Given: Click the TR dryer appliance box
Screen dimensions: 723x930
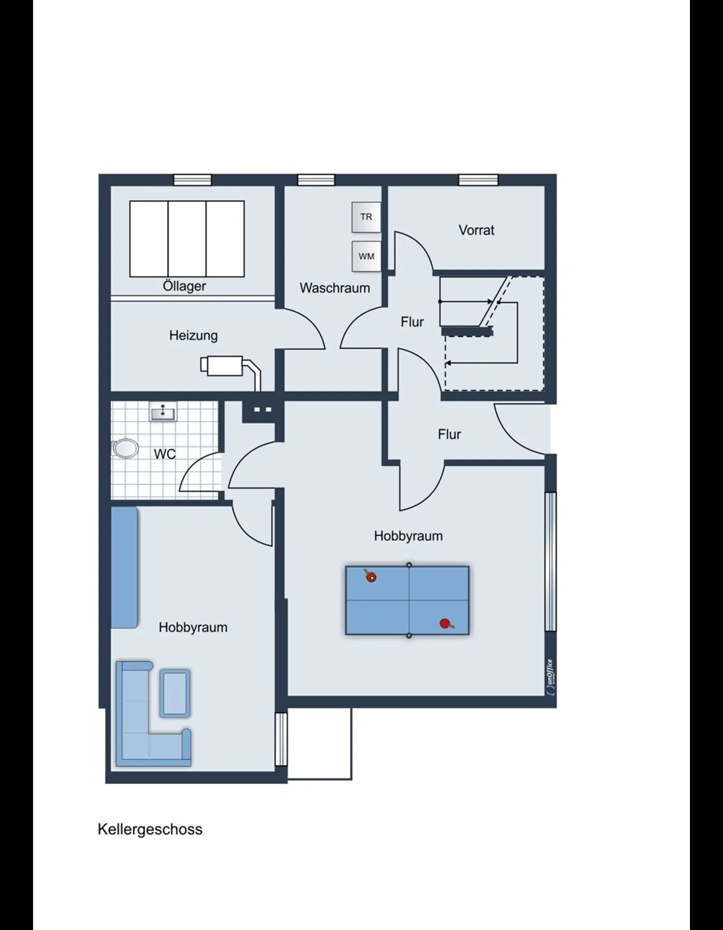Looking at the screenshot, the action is [x=366, y=217].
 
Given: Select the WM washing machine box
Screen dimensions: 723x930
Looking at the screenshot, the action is [x=366, y=256].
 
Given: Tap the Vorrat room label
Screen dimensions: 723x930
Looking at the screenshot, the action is [x=476, y=230].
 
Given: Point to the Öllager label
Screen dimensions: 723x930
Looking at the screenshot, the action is [x=184, y=286].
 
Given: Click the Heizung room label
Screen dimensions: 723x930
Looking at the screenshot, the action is [x=194, y=335].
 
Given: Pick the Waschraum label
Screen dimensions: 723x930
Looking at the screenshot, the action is [x=335, y=288].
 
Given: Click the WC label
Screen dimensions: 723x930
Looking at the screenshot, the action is [x=165, y=454].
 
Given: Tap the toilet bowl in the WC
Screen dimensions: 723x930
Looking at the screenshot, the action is [x=125, y=448].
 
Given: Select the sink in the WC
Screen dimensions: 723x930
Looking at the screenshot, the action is [x=163, y=412].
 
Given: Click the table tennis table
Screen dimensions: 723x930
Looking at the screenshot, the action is [x=407, y=600].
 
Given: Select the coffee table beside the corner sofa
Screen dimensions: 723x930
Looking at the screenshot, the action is [x=175, y=693].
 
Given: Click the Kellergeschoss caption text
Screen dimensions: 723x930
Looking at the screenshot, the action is [x=150, y=830].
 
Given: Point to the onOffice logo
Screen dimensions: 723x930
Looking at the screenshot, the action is [x=551, y=677].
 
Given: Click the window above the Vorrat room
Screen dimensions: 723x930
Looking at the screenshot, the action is [x=478, y=180].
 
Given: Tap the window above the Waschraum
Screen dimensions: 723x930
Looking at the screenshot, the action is [x=316, y=180].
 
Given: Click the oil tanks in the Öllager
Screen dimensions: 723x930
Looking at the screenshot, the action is [x=187, y=239].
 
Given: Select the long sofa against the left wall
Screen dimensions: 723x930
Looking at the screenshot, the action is [x=124, y=567].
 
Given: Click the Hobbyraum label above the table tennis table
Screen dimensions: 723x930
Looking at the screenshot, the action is [x=408, y=536].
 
